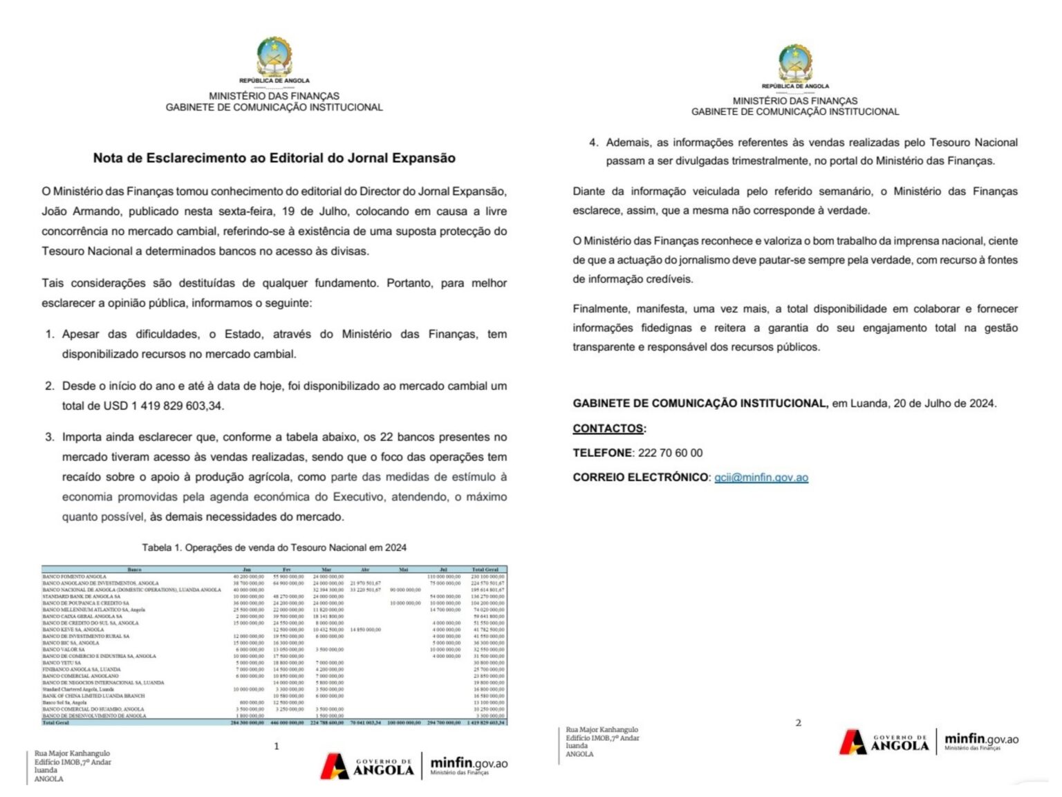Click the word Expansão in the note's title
[x=423, y=158]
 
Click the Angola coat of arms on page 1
[x=274, y=57]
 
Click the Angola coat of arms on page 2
[x=795, y=63]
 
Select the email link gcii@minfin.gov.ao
[x=761, y=477]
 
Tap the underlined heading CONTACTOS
[x=608, y=429]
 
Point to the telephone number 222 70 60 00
[x=670, y=453]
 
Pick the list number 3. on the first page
[x=50, y=437]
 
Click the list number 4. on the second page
[x=593, y=142]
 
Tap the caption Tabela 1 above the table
[x=274, y=547]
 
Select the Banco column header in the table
[x=135, y=570]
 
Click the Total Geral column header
[x=485, y=570]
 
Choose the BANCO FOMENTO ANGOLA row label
[x=75, y=576]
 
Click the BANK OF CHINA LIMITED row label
[x=93, y=696]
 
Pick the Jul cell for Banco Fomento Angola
[x=444, y=576]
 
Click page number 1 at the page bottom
[x=277, y=746]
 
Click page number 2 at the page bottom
[x=798, y=722]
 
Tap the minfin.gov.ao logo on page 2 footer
[x=981, y=741]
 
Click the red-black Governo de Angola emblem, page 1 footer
[x=335, y=766]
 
